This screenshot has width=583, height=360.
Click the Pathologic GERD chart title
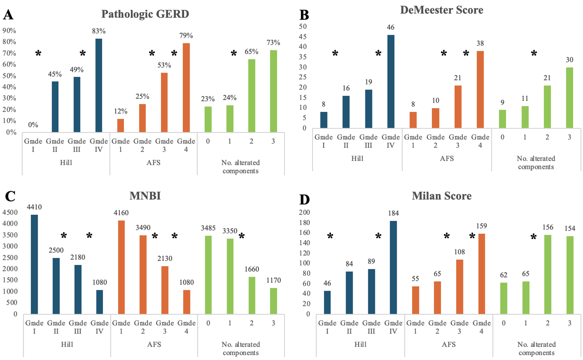(145, 14)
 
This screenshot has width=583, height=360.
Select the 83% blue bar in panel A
(99, 85)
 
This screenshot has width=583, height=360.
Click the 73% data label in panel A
(273, 43)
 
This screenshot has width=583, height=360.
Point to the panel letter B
(304, 15)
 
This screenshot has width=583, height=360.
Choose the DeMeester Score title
(441, 10)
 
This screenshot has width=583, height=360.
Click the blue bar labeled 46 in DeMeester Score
(391, 81)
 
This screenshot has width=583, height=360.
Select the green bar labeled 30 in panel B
(569, 97)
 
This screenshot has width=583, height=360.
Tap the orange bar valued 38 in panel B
(480, 89)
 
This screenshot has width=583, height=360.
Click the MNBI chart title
(145, 196)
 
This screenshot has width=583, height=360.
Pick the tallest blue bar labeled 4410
(34, 264)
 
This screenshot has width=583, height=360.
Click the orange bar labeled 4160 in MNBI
(121, 267)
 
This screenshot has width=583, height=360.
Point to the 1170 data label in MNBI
(273, 280)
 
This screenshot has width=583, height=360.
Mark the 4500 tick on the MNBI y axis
(10, 213)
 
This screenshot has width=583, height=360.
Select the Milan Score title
(441, 196)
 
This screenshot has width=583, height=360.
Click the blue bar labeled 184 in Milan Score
(393, 267)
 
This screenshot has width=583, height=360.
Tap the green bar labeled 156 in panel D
(548, 274)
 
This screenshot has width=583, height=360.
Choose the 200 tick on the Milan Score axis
(304, 213)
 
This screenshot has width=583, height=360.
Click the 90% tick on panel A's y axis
(9, 31)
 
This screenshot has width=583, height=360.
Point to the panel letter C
(10, 196)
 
